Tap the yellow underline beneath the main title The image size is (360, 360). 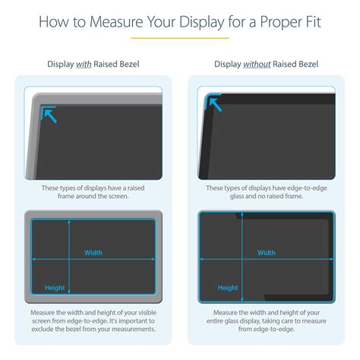click(180, 38)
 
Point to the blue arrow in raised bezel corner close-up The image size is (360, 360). click(49, 115)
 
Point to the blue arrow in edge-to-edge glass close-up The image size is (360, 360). click(215, 103)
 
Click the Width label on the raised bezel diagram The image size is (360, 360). click(93, 253)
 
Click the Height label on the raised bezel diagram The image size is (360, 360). click(55, 288)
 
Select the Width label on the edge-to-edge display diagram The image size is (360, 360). click(266, 253)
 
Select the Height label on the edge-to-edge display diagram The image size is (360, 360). click(228, 288)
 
